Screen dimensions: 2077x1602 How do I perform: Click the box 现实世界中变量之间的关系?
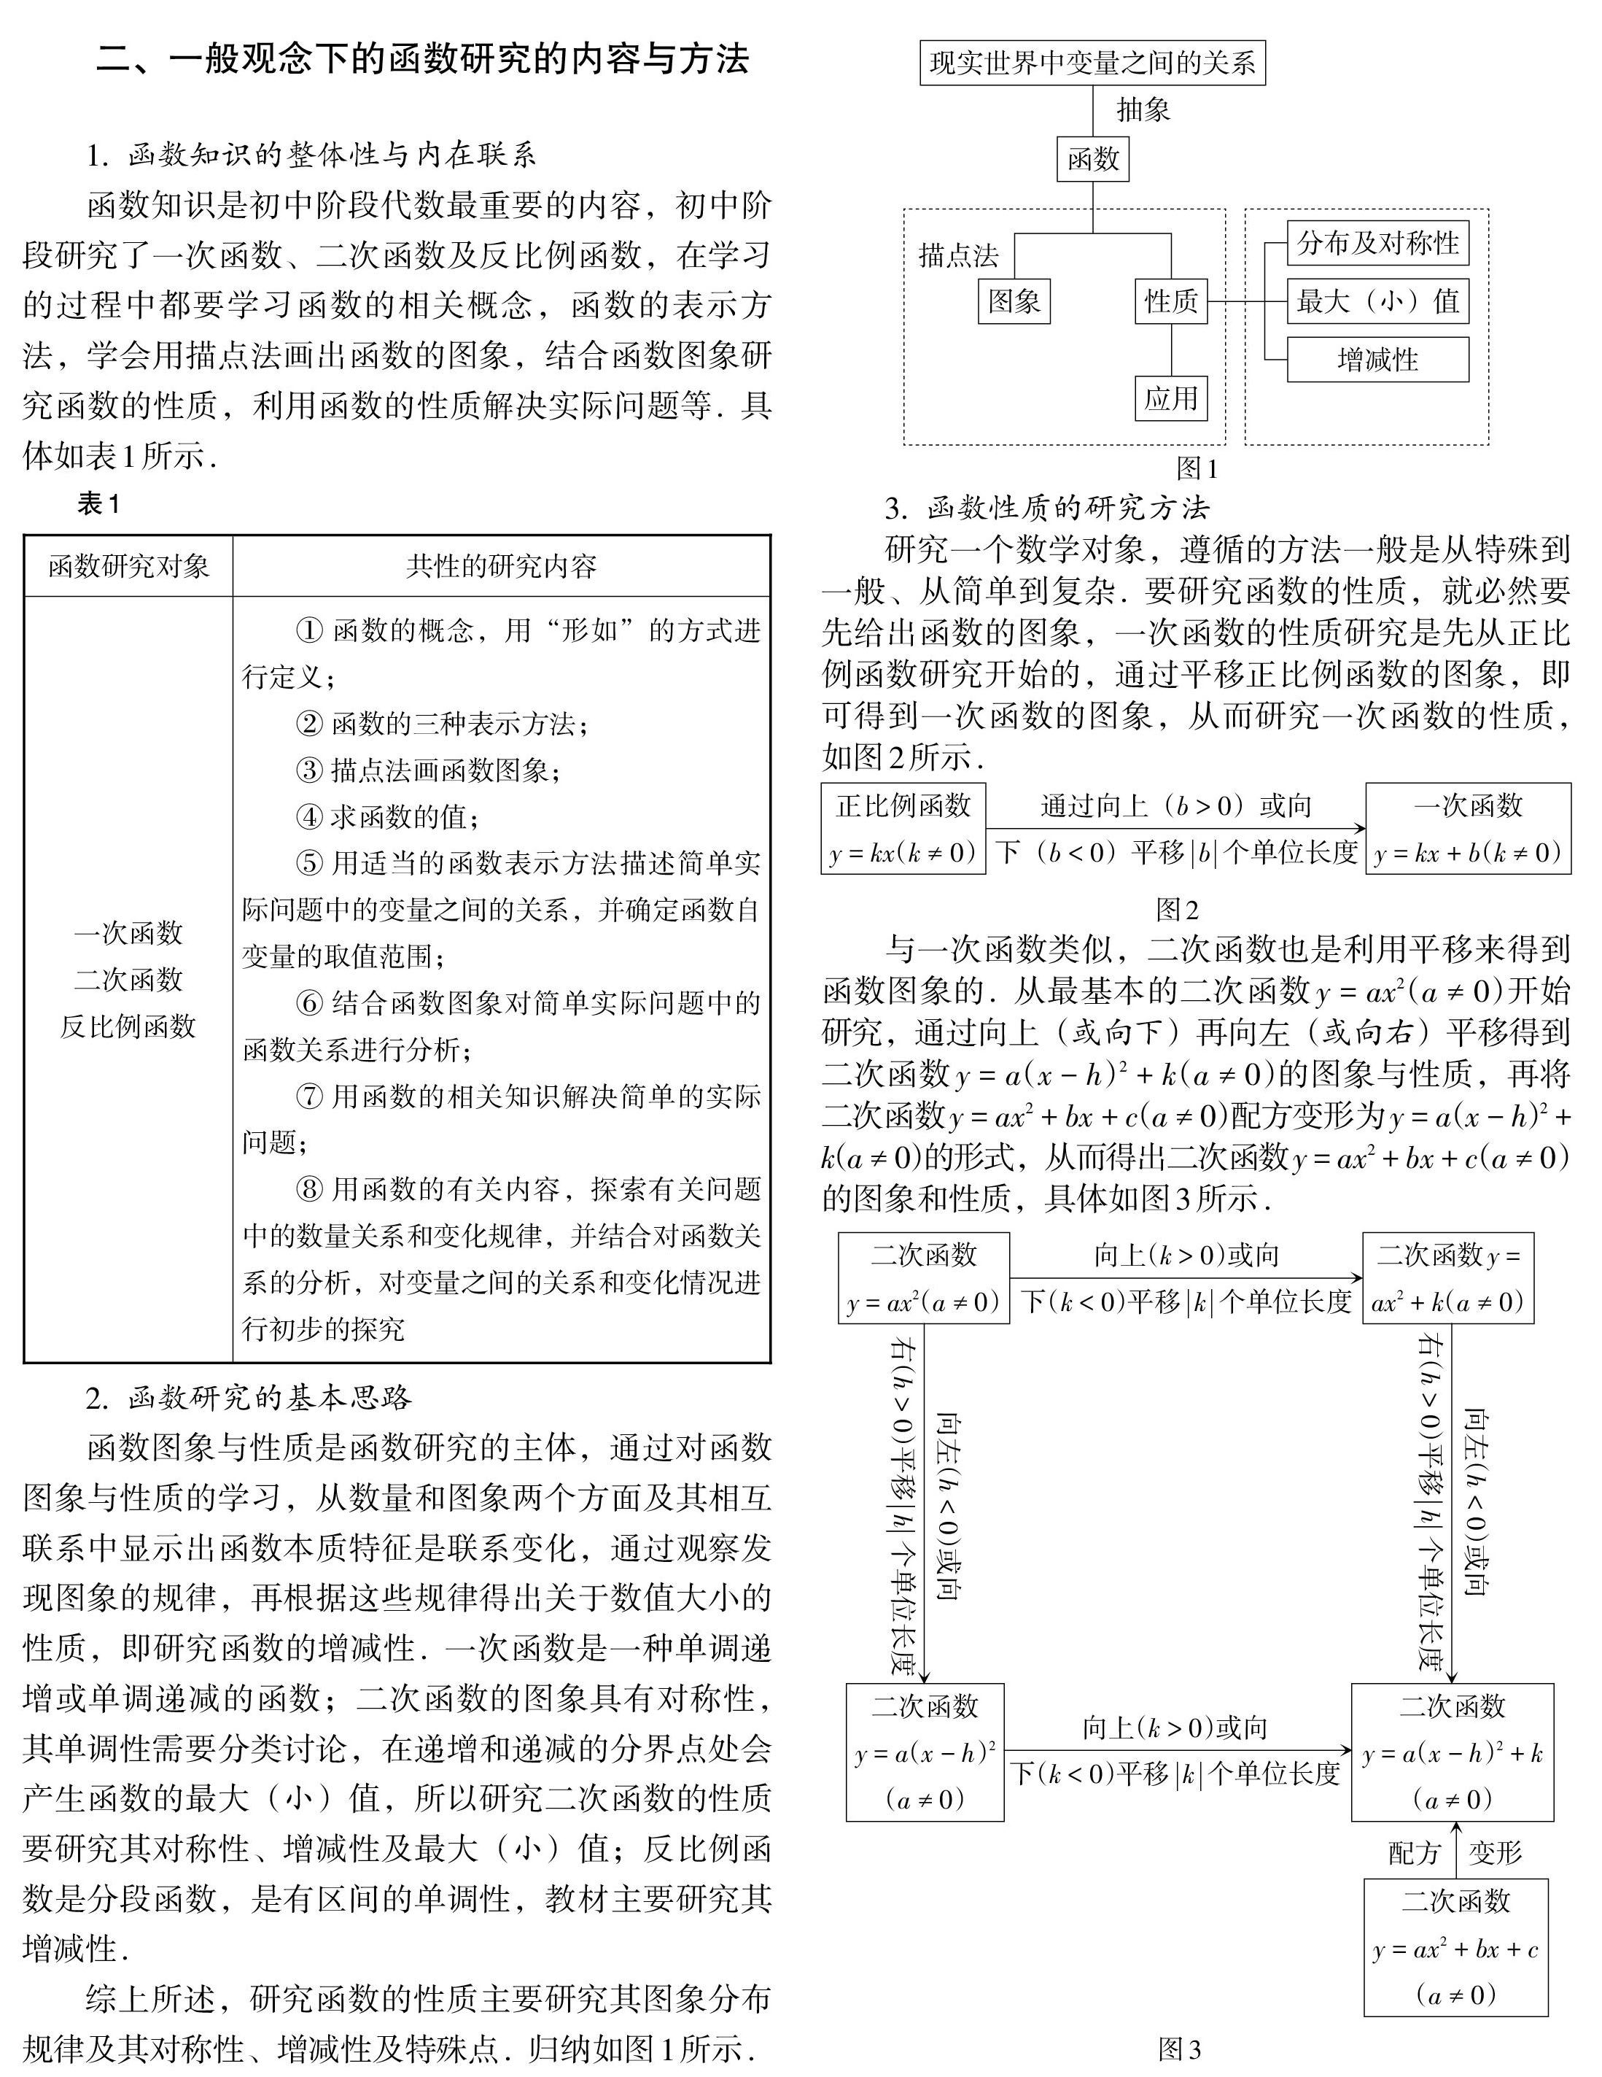(1092, 63)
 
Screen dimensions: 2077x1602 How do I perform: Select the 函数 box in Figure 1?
(1092, 159)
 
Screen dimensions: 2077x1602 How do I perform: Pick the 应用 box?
(1170, 398)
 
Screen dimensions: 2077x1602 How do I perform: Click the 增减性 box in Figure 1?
(1377, 360)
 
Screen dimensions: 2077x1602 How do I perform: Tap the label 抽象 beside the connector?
(1143, 110)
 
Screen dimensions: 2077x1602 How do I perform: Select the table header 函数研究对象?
(128, 567)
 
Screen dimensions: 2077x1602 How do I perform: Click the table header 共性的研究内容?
(501, 567)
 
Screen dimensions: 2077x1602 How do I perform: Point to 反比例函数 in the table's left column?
(128, 1026)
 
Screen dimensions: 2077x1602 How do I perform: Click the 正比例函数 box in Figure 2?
(902, 828)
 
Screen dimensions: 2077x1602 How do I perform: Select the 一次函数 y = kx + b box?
(1468, 828)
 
